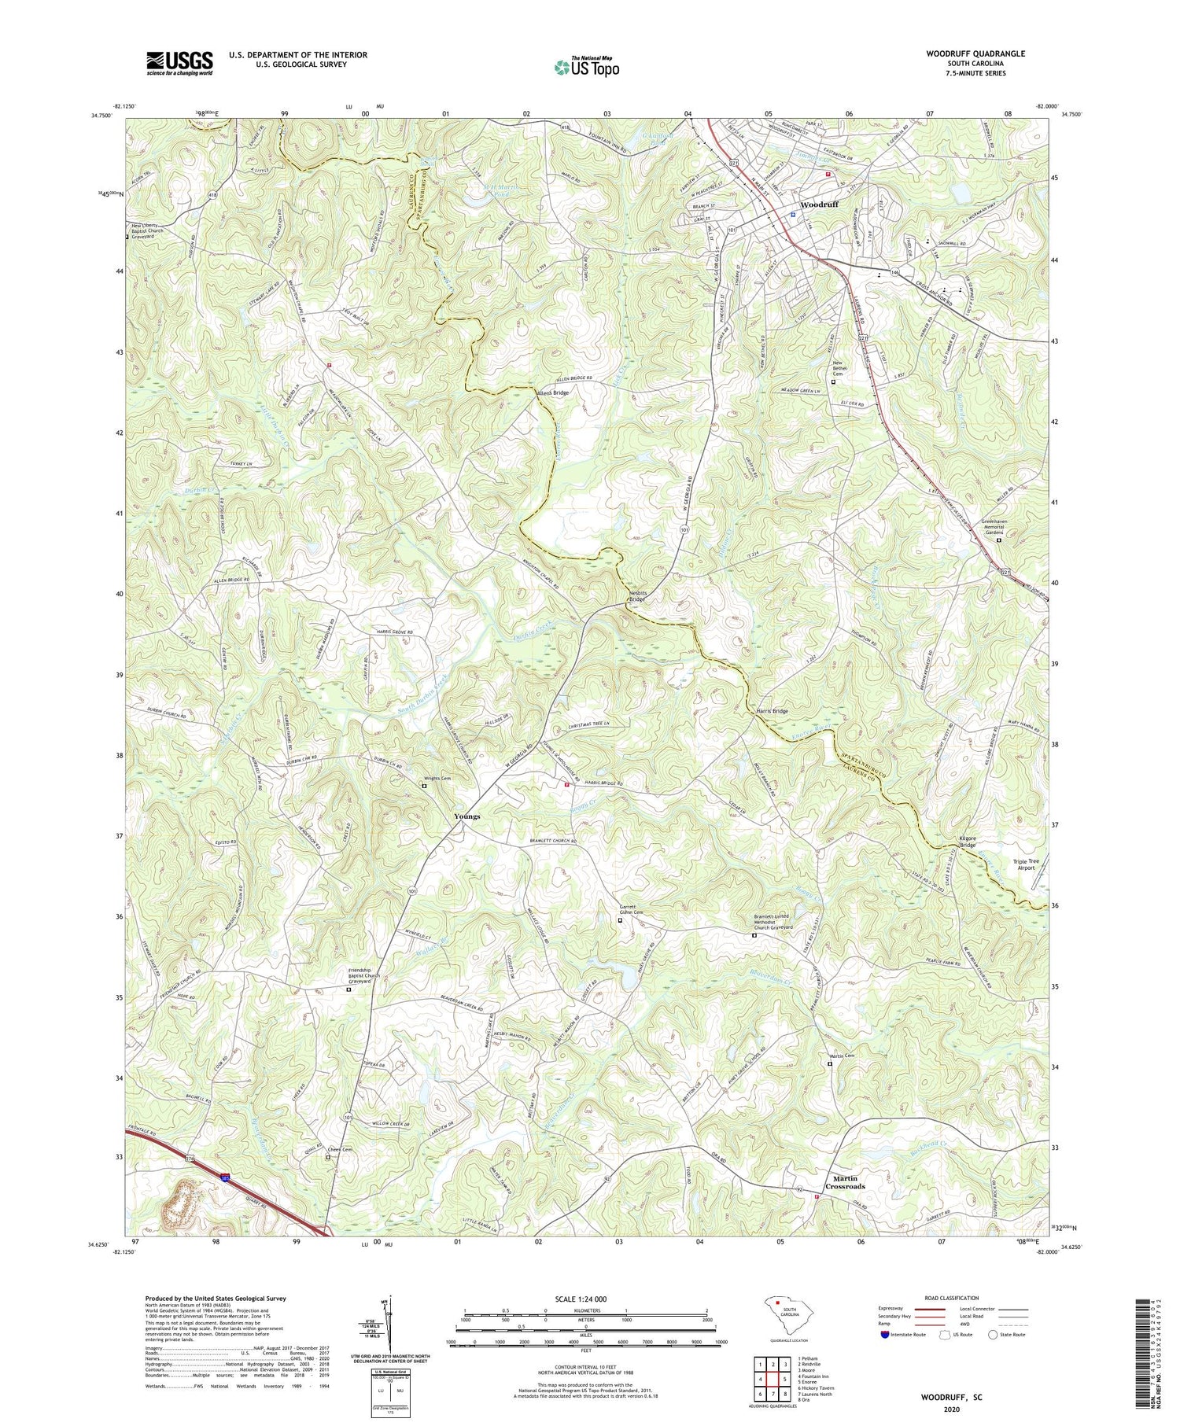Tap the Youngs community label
click(x=466, y=816)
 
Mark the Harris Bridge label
click(x=772, y=711)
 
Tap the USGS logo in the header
click(x=179, y=62)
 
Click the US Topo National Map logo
click(x=585, y=67)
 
